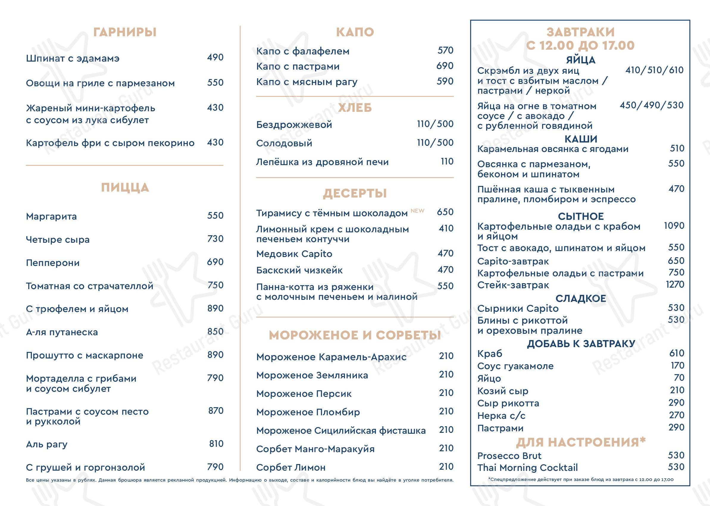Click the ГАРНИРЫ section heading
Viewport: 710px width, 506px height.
coord(125,32)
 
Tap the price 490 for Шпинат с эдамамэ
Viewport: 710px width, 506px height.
coord(215,58)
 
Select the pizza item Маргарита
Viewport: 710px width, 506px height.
coord(51,216)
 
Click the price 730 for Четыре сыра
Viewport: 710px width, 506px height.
coord(215,239)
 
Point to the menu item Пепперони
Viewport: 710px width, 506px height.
coord(53,263)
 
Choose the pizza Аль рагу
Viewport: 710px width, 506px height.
coord(47,444)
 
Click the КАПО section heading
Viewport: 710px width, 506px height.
coord(355,32)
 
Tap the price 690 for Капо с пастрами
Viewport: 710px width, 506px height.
coord(445,66)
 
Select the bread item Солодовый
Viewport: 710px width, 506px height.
coord(284,143)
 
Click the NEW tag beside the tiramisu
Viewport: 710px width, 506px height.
coord(417,211)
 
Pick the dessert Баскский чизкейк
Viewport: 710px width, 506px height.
coord(299,270)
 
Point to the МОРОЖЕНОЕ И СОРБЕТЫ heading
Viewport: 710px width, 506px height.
coord(355,335)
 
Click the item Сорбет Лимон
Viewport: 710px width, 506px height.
coord(291,467)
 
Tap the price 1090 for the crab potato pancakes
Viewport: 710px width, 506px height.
coord(674,226)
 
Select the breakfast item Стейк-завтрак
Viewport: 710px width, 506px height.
coord(513,285)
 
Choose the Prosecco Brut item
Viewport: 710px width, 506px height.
coord(509,456)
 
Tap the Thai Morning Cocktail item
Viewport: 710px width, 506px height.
coord(527,468)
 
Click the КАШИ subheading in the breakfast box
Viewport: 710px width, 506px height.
coord(581,139)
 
